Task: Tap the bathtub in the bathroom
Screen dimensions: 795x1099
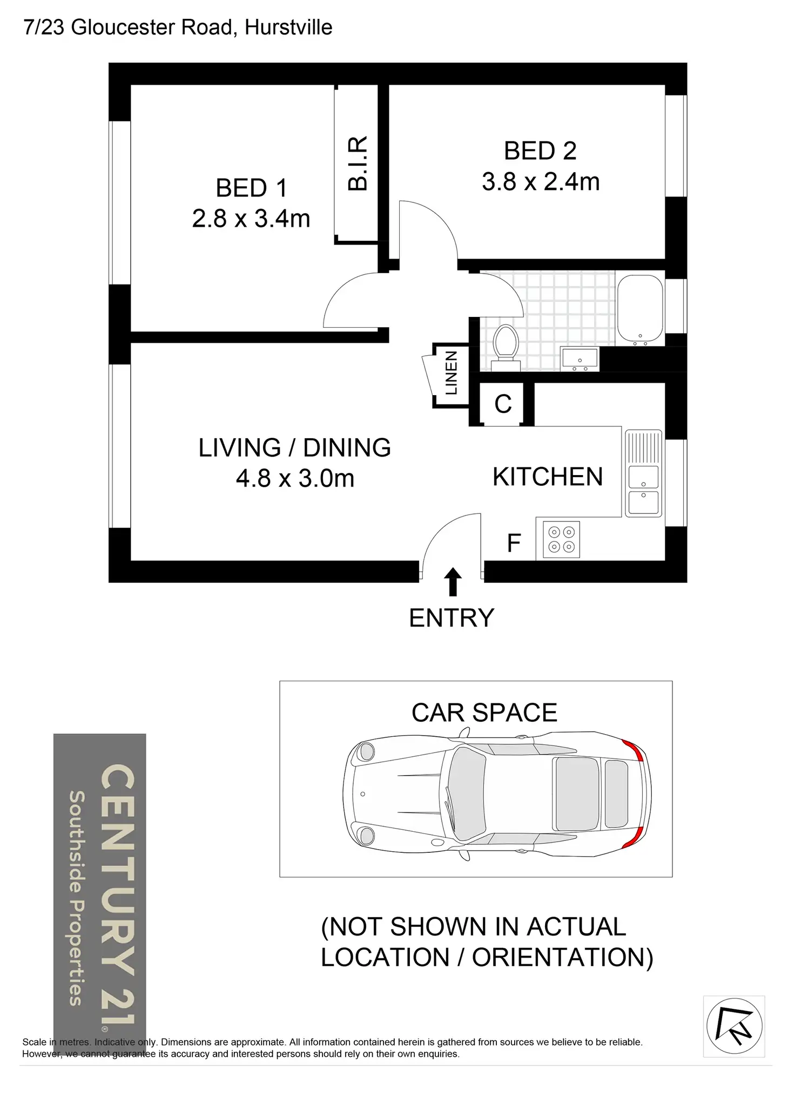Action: (x=640, y=310)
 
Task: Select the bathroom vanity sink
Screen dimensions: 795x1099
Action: (x=580, y=359)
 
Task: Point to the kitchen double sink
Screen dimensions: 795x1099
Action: (x=643, y=473)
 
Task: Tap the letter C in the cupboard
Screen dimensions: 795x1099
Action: (x=503, y=404)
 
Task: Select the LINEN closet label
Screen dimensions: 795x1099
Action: (x=451, y=373)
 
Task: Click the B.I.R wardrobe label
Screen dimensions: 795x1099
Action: (x=358, y=163)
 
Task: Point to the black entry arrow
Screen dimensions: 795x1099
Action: (x=453, y=581)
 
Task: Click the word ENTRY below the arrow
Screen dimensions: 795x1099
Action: (x=452, y=618)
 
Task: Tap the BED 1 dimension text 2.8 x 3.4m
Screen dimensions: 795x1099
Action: (x=251, y=219)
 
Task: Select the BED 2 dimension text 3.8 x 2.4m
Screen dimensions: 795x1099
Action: (x=541, y=181)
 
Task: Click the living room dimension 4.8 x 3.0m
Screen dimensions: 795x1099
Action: (x=295, y=478)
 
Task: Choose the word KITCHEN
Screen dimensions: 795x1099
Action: (x=548, y=477)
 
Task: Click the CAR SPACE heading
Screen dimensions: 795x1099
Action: (x=484, y=713)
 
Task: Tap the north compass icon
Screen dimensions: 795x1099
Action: (x=734, y=1026)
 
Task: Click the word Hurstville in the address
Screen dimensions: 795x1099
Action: (x=288, y=27)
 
